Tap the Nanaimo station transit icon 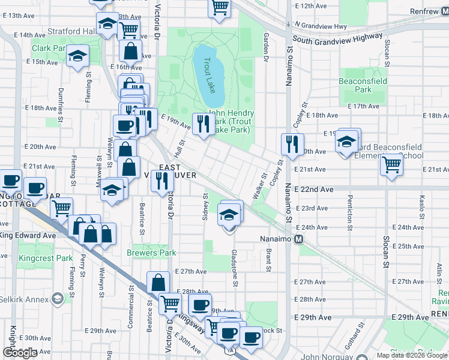298,239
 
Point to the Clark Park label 49,48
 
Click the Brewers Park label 151,253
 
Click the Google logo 20,353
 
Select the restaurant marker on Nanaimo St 292,144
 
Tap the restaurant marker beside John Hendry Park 202,124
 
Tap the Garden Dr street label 265,49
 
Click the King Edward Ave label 28,236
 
